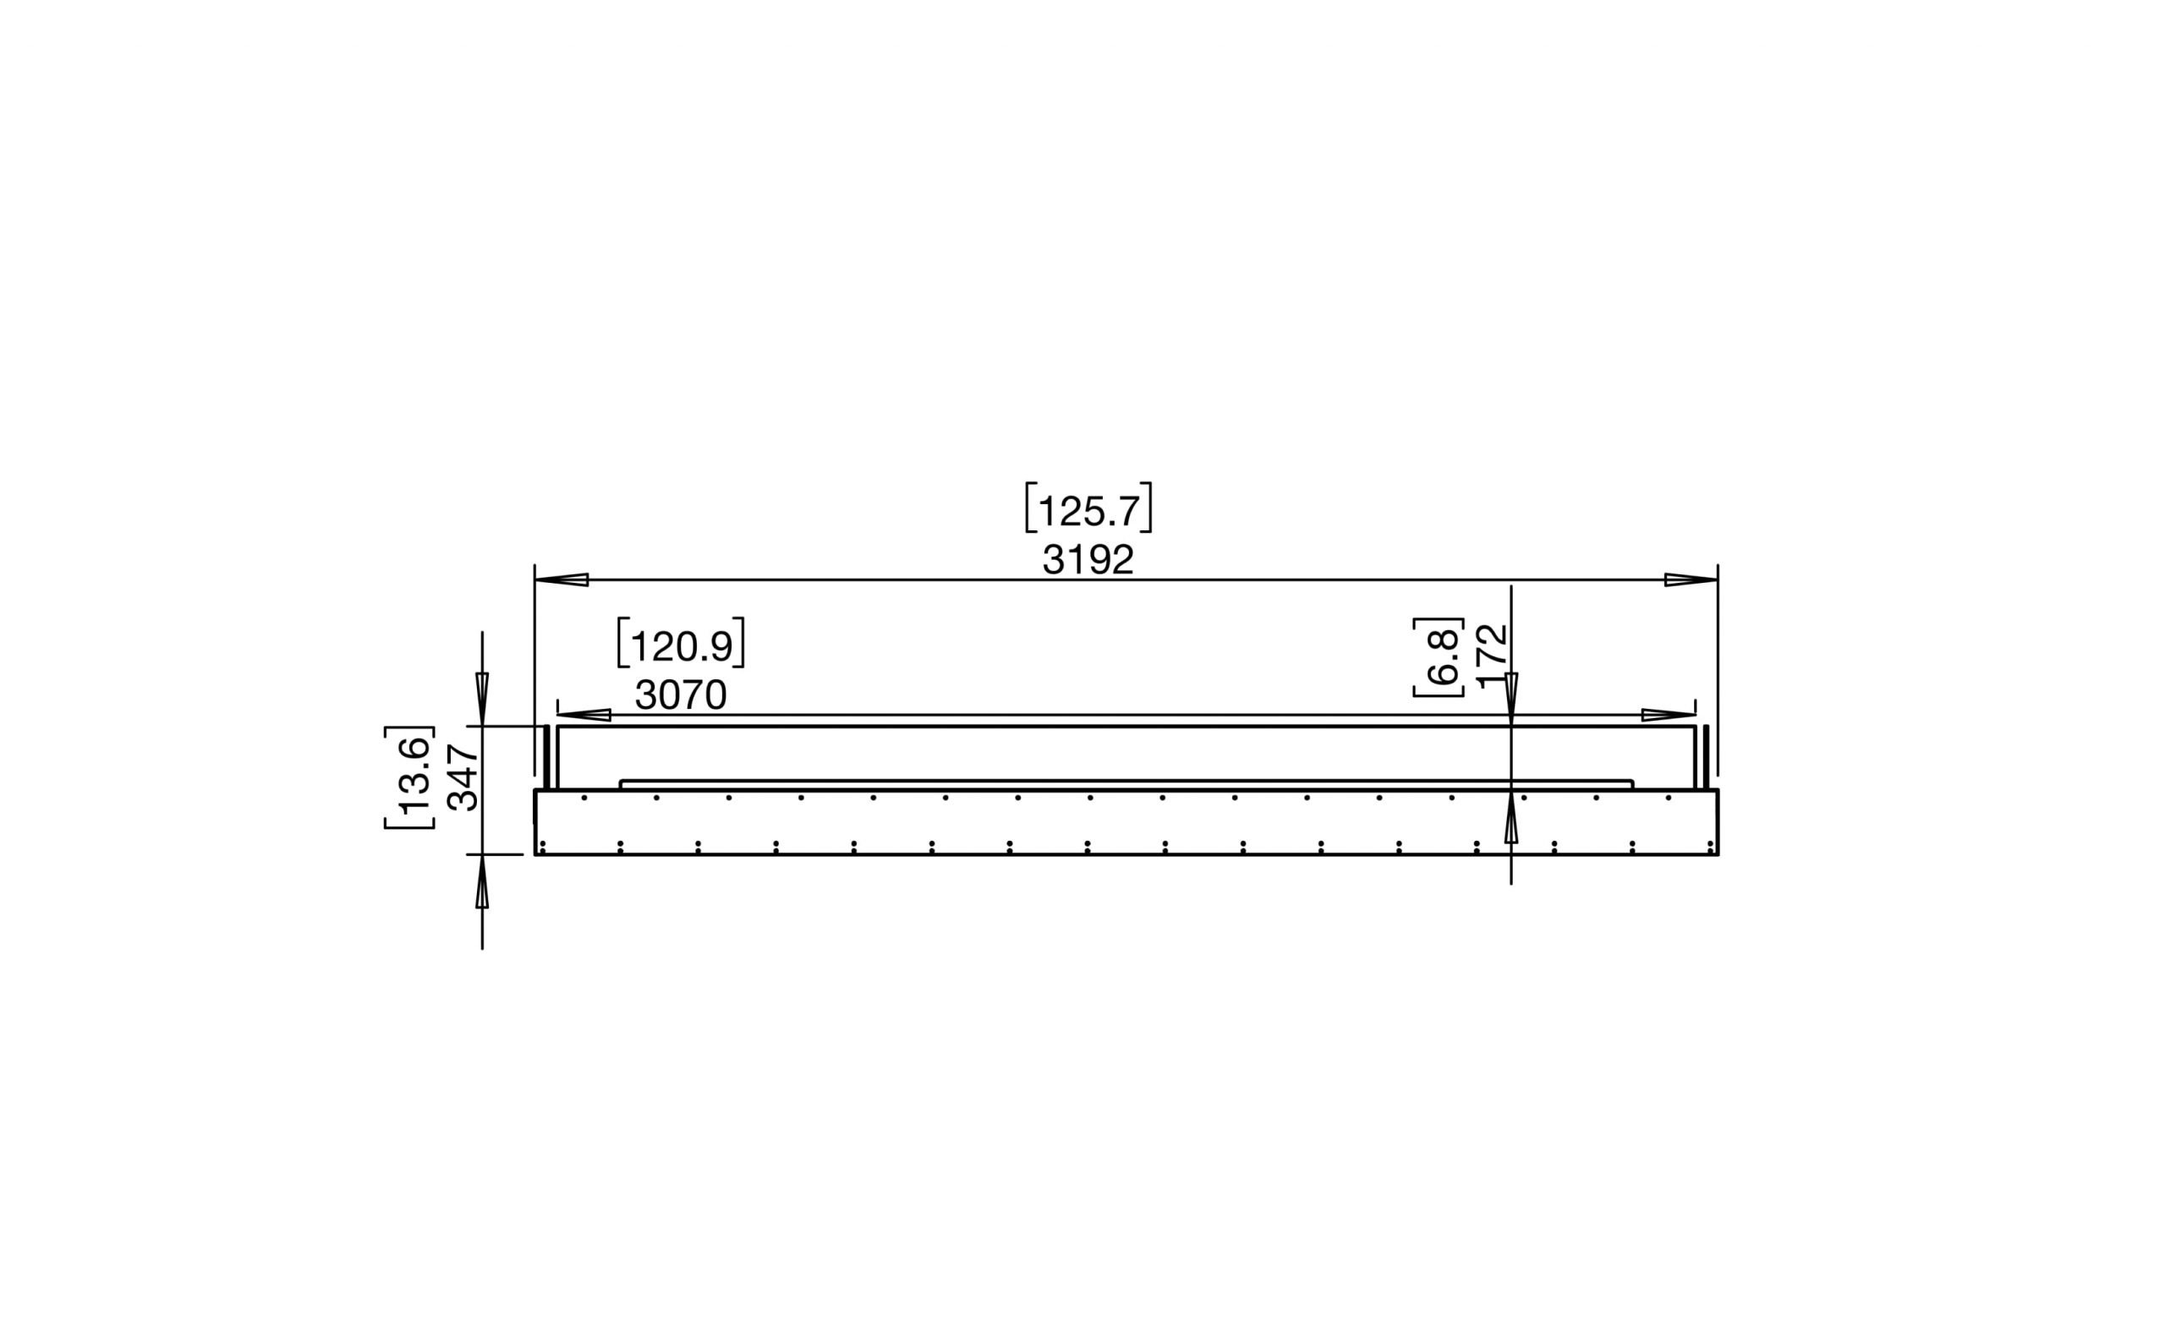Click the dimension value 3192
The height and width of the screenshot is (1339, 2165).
coord(1088,560)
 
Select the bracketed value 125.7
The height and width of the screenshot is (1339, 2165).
coord(1088,511)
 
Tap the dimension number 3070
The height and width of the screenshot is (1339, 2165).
coord(680,696)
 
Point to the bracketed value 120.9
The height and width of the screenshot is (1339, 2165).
coord(681,645)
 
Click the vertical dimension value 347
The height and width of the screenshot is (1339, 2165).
coord(463,777)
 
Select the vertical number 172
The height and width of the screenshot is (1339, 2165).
coord(1492,656)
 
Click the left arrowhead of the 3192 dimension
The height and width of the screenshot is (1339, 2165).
coord(562,580)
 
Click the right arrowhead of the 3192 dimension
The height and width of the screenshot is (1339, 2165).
coord(1691,580)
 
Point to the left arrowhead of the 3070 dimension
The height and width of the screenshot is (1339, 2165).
coord(584,715)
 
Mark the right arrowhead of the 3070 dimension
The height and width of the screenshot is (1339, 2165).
coord(1669,715)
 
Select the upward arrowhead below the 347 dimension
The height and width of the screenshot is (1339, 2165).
coord(482,882)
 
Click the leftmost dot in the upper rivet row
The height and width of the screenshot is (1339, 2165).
coord(584,798)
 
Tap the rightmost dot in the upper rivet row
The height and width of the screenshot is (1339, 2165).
coord(1669,798)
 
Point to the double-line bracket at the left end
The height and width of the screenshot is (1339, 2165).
coord(546,757)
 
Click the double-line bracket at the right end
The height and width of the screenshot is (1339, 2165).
coord(1706,757)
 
